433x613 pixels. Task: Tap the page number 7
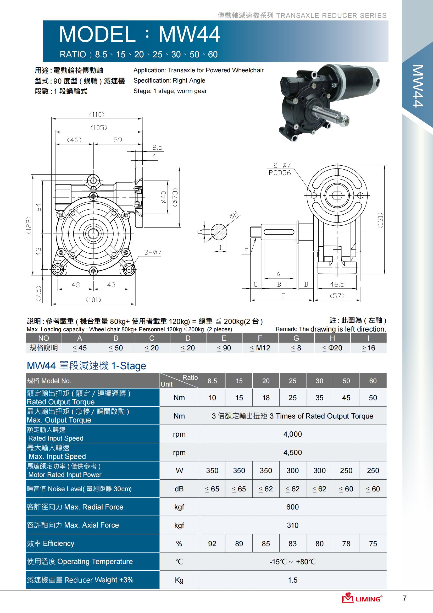point(404,598)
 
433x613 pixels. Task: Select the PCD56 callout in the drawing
point(279,173)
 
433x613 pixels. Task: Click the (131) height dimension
point(380,220)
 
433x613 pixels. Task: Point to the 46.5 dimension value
point(337,284)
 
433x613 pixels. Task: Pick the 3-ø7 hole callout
point(153,252)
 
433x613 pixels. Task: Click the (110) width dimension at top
point(97,115)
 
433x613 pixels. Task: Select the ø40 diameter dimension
point(164,197)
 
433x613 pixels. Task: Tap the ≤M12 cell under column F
point(260,348)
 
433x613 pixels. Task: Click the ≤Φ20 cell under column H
point(332,348)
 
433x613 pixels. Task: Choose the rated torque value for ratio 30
point(319,398)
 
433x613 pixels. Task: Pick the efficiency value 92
point(212,544)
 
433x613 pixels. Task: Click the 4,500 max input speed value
point(292,452)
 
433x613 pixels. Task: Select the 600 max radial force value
point(292,507)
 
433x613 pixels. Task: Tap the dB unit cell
point(179,489)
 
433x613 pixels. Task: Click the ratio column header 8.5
point(212,381)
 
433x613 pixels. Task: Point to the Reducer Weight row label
point(80,580)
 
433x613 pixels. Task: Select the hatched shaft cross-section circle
point(219,231)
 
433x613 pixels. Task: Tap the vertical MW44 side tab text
point(418,86)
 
